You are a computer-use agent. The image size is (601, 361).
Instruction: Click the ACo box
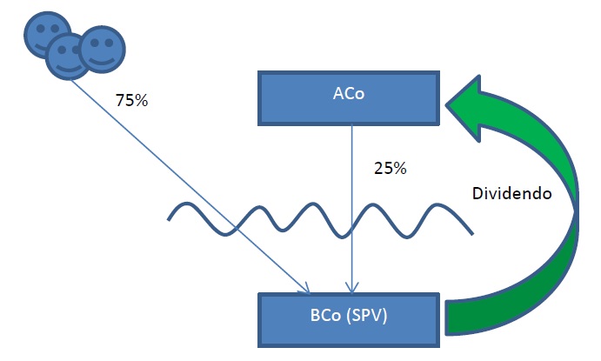[349, 98]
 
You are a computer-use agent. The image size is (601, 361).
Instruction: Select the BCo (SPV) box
[349, 320]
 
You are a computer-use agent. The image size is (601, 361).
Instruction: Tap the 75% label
[131, 100]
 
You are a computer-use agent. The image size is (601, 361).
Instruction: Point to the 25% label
[391, 168]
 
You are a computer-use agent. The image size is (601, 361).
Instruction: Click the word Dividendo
[511, 193]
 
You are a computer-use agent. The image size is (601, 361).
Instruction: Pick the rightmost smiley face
[102, 50]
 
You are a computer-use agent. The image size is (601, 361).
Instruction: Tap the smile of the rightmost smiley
[102, 61]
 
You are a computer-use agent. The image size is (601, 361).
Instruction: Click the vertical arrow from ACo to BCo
[352, 210]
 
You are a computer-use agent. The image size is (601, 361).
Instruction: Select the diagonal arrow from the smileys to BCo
[190, 187]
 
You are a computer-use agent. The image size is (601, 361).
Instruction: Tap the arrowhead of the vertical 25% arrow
[352, 288]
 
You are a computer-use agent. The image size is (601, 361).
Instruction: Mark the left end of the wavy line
[169, 219]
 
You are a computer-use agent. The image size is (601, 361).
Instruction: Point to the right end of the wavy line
[472, 233]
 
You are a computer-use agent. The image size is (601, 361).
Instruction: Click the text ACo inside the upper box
[349, 93]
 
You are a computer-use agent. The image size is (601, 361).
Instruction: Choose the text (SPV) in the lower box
[367, 316]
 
